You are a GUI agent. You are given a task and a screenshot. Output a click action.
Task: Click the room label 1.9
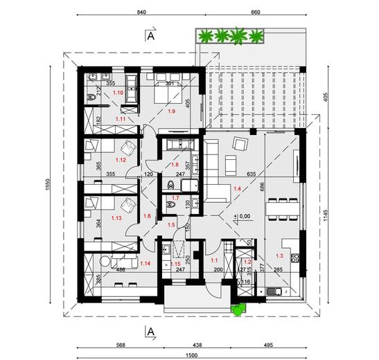(172, 110)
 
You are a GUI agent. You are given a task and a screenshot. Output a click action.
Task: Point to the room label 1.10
(118, 92)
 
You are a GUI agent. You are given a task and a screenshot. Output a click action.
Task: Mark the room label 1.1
(213, 260)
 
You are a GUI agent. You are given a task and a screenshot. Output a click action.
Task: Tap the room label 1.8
(175, 164)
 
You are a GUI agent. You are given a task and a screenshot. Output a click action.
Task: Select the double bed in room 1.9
(168, 90)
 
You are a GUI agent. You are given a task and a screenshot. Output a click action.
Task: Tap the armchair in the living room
(240, 144)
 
